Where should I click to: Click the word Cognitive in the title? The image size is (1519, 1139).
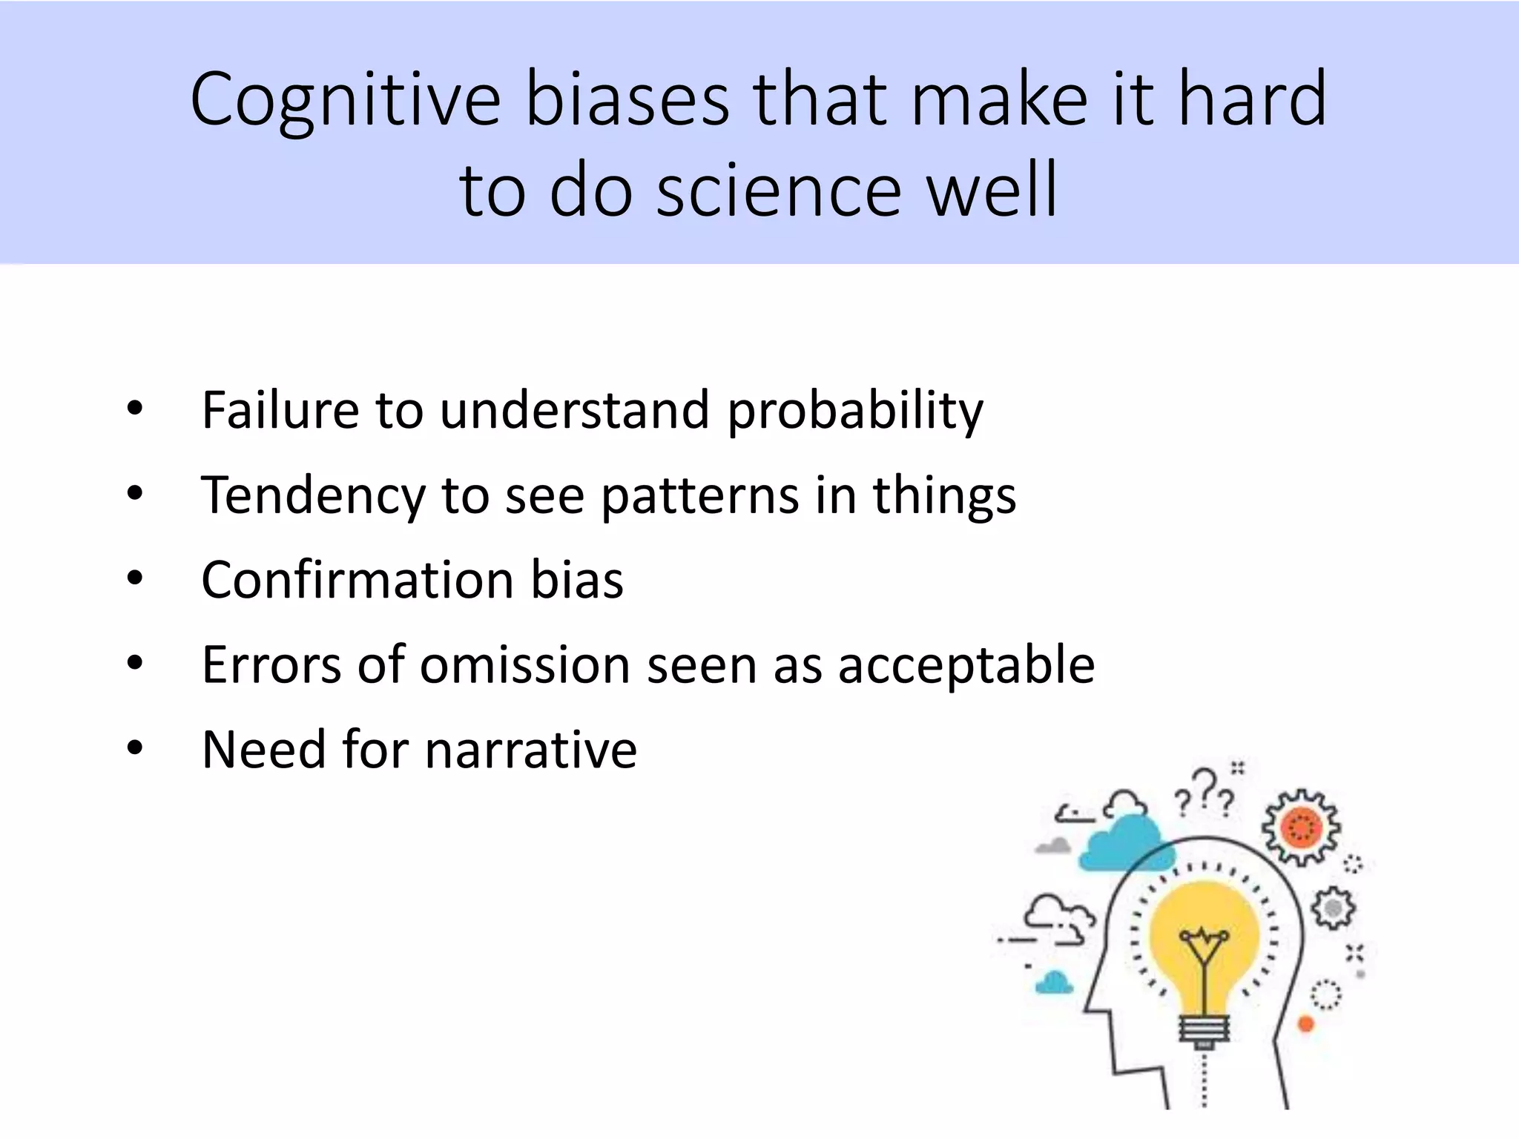(345, 100)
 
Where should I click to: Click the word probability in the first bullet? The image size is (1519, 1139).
(854, 410)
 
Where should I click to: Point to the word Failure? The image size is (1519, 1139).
(280, 410)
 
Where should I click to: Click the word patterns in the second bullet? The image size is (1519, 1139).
(699, 495)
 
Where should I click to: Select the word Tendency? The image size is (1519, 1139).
(313, 495)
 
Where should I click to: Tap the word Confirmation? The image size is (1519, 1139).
(357, 579)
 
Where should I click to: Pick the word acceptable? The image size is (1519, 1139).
(966, 665)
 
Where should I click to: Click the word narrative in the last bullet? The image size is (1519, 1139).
(530, 749)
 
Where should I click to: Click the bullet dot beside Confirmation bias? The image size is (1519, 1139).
(134, 578)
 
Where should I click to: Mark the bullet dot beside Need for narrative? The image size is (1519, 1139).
(134, 748)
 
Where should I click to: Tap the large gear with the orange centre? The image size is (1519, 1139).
(1301, 828)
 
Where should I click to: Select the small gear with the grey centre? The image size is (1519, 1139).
(1333, 908)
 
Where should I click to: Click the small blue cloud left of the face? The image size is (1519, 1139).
(1054, 983)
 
